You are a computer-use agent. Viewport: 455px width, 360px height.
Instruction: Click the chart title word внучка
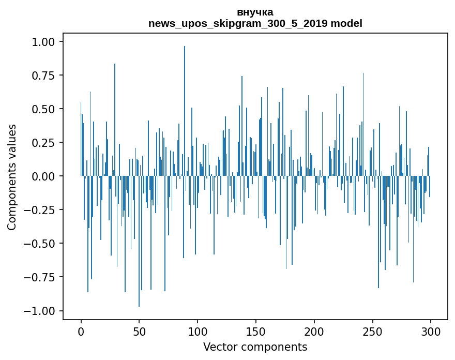pos(255,12)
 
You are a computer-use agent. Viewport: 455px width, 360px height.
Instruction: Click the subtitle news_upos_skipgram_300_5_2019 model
pos(255,23)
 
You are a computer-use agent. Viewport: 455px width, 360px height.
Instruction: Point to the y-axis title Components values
pos(11,177)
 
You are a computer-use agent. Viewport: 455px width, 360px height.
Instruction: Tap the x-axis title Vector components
pos(255,347)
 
